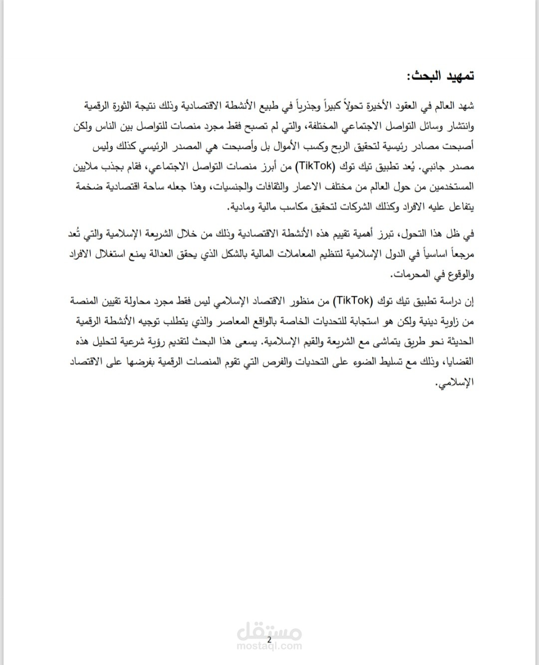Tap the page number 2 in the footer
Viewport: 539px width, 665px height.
269,640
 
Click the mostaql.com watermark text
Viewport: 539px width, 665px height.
269,647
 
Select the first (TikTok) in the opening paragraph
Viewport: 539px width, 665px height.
313,166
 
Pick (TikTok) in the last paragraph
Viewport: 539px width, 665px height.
352,300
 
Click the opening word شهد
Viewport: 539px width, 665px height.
465,106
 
